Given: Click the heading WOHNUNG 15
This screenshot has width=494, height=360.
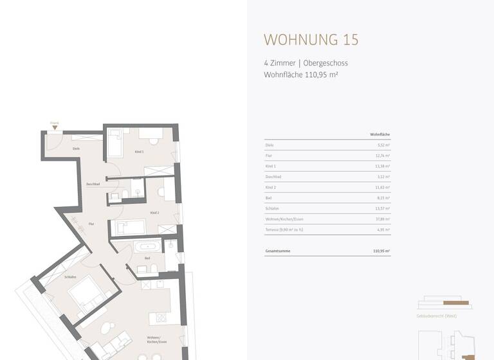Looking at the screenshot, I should point(311,39).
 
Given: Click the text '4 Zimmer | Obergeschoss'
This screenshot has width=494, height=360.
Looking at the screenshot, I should point(306,63).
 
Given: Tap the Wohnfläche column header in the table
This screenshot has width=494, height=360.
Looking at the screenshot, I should point(380,134).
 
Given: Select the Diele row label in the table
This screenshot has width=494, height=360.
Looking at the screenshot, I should point(270,145).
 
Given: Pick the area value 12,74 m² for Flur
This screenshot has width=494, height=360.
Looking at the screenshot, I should point(383,156).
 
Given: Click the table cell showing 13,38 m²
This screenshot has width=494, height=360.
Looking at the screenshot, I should point(383,166).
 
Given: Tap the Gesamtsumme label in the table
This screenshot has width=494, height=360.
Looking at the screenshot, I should point(277,250).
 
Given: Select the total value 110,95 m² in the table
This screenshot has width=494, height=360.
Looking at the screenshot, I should point(382,250).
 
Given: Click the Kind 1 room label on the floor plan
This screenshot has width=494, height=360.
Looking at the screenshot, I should point(139,152).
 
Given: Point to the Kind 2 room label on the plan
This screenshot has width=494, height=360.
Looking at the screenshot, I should point(154,212).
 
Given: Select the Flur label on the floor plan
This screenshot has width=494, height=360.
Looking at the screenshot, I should point(91,224).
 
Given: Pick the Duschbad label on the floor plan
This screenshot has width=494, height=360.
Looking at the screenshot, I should point(93,184).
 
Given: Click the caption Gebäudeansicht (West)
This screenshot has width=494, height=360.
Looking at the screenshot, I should point(437,316).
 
